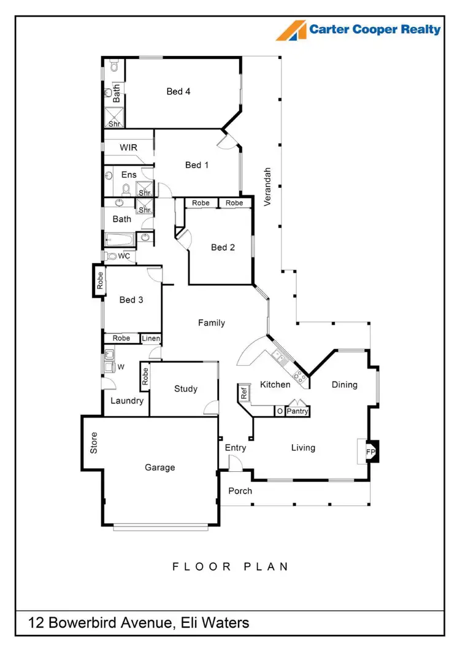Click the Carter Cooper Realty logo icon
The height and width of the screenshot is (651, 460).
291,30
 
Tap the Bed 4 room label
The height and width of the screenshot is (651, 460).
178,91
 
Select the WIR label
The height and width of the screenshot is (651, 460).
128,148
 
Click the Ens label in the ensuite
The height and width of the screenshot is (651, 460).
129,175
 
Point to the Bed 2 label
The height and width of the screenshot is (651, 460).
223,247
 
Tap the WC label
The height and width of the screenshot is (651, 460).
124,256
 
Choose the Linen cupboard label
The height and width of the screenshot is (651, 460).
151,338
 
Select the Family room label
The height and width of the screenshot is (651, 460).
211,323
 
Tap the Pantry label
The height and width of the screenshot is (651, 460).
297,411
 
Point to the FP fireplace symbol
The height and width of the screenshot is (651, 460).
370,452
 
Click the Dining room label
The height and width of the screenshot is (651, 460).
344,385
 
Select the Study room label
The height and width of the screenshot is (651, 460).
185,388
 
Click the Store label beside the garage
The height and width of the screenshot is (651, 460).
94,443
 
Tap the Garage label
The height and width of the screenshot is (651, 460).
159,468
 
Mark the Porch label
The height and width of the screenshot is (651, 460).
240,491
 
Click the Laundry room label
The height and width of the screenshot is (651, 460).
127,401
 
